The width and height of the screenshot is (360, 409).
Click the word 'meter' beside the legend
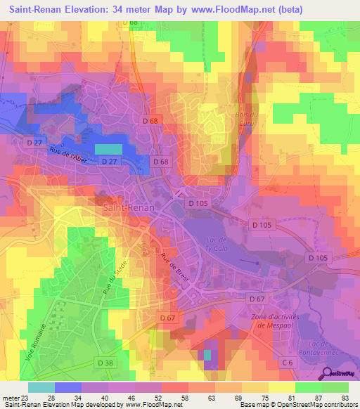pos(11,398)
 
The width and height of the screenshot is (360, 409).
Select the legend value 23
pos(27,398)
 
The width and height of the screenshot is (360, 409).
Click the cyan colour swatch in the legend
pos(41,387)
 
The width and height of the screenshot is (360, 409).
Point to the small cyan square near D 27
pos(108,149)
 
